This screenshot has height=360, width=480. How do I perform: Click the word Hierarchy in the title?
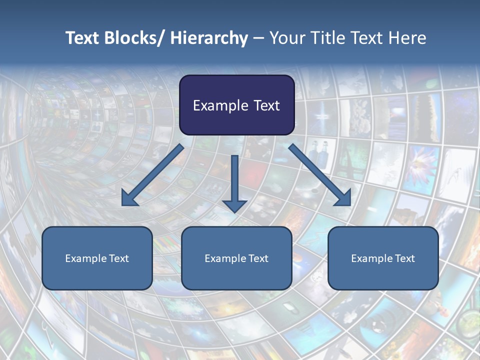209,38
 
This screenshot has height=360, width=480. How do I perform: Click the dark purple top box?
236,105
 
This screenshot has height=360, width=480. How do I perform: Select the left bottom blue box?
97,258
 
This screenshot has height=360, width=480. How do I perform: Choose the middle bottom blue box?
236,258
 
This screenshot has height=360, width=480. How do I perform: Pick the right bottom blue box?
383,258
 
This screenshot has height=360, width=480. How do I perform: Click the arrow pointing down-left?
153,175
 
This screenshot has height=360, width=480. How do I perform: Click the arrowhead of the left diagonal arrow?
129,198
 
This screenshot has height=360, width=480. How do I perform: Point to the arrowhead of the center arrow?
234,205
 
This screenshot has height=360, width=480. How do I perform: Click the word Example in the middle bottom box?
224,258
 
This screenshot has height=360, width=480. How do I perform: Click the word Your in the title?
286,38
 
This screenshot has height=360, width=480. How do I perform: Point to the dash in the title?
258,38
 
